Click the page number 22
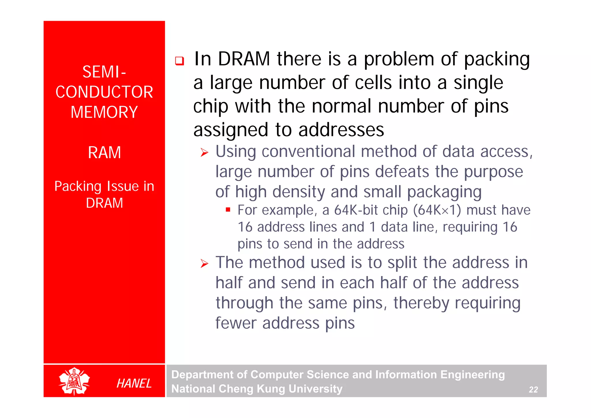[x=533, y=390]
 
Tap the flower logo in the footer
[x=74, y=381]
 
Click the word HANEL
[x=134, y=384]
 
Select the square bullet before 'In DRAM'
[x=179, y=61]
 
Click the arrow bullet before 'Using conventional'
[x=204, y=152]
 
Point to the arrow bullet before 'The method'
[x=204, y=263]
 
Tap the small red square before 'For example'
[x=228, y=210]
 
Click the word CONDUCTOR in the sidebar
[x=104, y=92]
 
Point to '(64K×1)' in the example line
[x=437, y=210]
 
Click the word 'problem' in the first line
[x=399, y=59]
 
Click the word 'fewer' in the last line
[x=236, y=323]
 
